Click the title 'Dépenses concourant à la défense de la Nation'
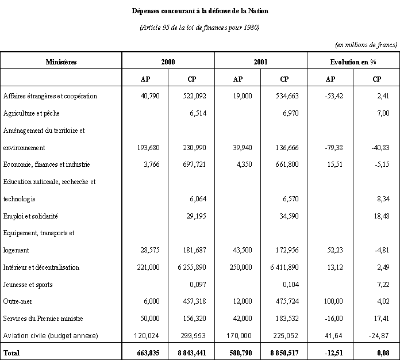click(199, 11)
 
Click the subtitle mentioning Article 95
click(199, 28)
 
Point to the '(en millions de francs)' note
click(366, 45)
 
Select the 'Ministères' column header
click(61, 62)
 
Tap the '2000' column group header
click(168, 62)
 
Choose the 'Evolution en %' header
click(353, 62)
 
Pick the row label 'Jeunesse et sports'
click(28, 285)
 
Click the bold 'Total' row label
click(12, 352)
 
